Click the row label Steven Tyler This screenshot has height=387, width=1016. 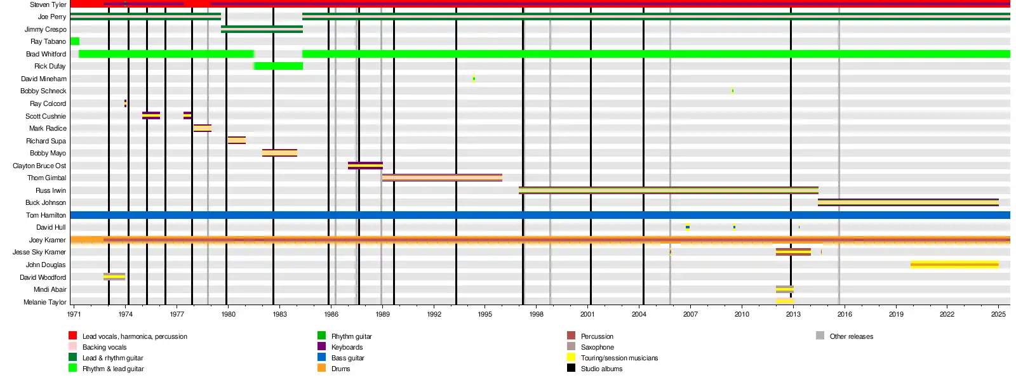[x=48, y=4]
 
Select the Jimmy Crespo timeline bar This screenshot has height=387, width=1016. [x=262, y=29]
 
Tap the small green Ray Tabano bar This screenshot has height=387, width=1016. [x=75, y=41]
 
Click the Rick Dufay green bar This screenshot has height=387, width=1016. [x=279, y=66]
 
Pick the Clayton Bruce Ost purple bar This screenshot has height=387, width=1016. [x=365, y=166]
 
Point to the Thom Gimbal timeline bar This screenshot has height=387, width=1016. [x=442, y=178]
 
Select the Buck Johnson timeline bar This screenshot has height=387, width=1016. [x=908, y=202]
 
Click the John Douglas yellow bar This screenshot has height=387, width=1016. [x=954, y=265]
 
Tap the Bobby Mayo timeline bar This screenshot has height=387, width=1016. [x=279, y=153]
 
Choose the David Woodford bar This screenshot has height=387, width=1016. [x=114, y=277]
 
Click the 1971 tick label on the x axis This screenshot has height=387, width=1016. [x=74, y=314]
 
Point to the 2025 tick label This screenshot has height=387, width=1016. [x=998, y=314]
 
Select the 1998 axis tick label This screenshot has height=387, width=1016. [x=536, y=314]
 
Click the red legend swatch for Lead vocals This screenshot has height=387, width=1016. [x=73, y=336]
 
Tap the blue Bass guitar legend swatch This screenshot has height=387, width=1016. [x=322, y=357]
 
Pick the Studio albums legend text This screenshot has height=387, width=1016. [x=601, y=369]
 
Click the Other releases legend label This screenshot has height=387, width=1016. [x=851, y=336]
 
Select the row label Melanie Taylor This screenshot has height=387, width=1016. [x=44, y=302]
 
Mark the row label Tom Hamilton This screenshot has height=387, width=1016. [x=46, y=215]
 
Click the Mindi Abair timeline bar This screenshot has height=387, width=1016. [x=785, y=289]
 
